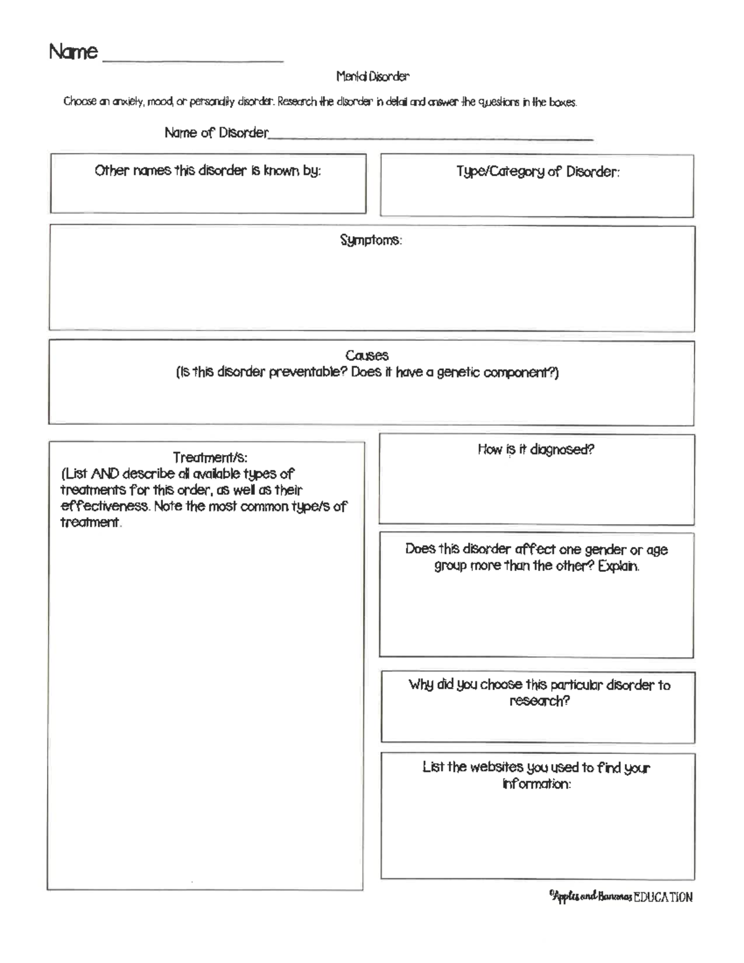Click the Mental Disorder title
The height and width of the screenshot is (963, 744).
point(373,77)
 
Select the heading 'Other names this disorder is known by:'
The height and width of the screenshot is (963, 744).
point(208,171)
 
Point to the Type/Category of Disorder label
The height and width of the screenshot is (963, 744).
point(538,172)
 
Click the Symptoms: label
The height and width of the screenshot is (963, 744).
point(371,240)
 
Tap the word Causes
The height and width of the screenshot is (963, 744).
point(367,355)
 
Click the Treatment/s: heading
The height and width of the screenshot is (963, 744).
point(210,458)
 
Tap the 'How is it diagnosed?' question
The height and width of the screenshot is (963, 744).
point(536,450)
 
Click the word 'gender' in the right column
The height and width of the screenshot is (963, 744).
point(605,550)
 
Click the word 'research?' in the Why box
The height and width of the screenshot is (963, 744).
point(539,701)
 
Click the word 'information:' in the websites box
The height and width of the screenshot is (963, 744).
point(536,784)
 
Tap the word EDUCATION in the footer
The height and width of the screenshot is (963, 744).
point(662,897)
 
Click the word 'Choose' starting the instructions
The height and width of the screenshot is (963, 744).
point(80,102)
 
